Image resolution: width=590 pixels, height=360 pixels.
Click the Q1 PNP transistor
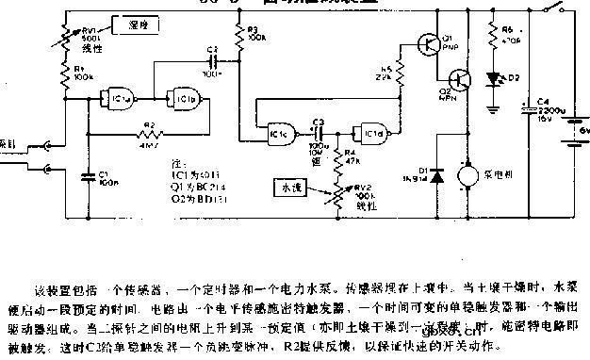430,44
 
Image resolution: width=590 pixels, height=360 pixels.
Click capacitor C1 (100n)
89,175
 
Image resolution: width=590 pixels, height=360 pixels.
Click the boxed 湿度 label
131,23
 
